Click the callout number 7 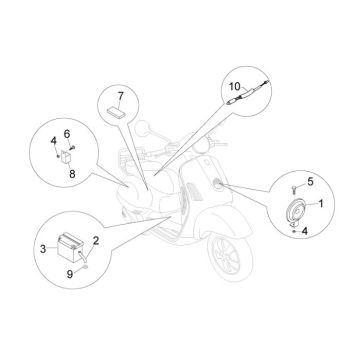point(119,98)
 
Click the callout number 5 point(310,181)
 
